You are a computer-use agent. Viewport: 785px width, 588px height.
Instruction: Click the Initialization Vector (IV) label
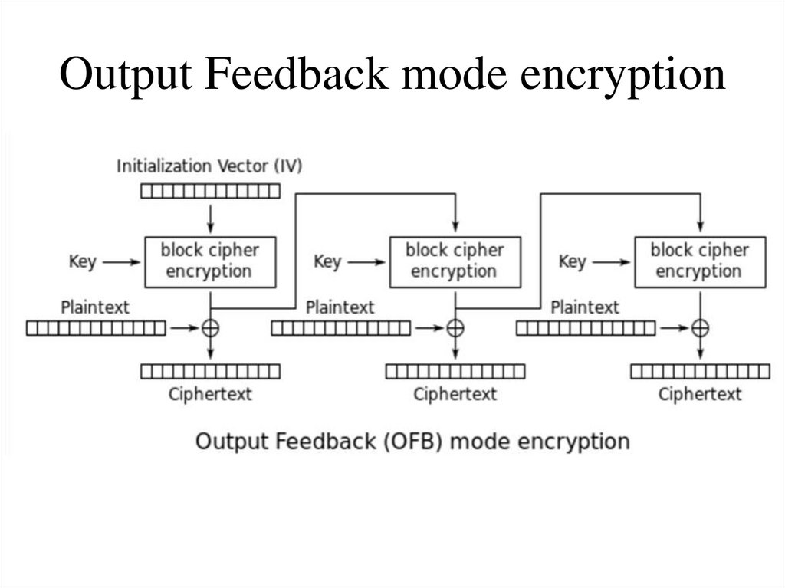[209, 166]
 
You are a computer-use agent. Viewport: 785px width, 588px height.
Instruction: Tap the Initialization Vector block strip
[210, 191]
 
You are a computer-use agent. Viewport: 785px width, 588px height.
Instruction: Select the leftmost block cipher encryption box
[210, 261]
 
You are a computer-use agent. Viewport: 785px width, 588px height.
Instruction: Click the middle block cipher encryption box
[455, 261]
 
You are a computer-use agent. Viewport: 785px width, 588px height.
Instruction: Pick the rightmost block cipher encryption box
[699, 261]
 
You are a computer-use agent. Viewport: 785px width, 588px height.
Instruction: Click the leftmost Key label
[82, 261]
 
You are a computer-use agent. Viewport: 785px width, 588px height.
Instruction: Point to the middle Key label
[327, 261]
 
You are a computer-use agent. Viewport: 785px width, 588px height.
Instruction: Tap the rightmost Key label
[572, 261]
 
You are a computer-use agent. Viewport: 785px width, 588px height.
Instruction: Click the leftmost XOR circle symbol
[210, 328]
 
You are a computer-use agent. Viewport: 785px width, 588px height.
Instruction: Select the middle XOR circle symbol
[455, 328]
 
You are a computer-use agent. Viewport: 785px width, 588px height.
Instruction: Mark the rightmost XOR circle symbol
[700, 328]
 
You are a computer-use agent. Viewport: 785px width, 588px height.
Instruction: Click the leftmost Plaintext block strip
[96, 328]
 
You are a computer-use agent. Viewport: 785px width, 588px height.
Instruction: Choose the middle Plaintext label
[340, 307]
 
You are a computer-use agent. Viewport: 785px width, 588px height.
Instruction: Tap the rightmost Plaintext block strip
[586, 328]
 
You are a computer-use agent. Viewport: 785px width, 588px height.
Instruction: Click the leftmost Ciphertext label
[210, 394]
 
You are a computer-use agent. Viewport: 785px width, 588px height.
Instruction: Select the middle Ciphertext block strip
[455, 372]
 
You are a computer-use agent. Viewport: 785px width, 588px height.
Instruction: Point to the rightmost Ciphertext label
[700, 394]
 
